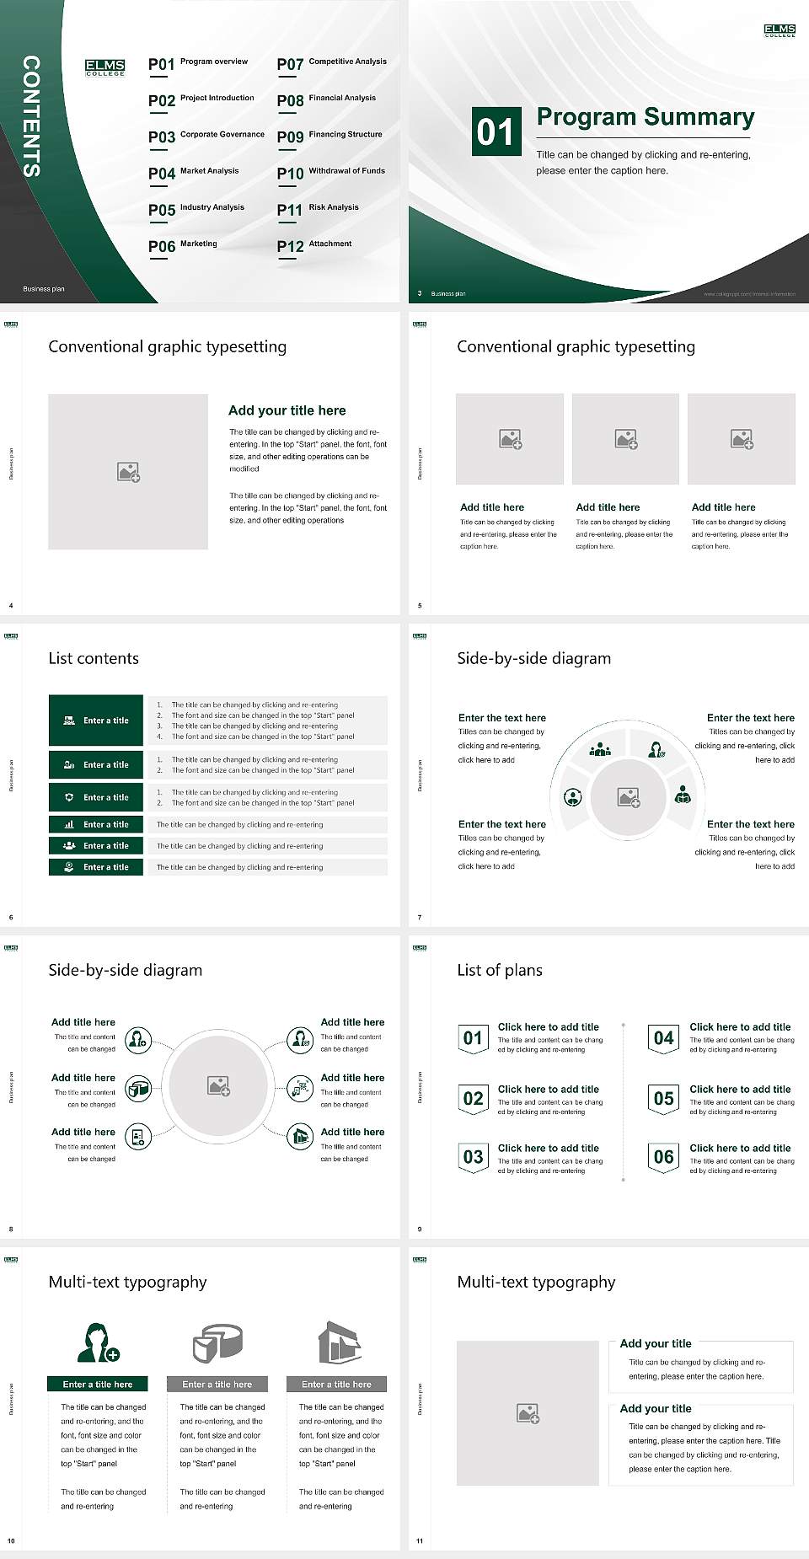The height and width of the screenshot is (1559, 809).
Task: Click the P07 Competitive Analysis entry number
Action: pyautogui.click(x=290, y=65)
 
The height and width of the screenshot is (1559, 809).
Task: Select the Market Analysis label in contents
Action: pyautogui.click(x=209, y=171)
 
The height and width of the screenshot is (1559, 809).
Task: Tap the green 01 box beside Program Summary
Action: pyautogui.click(x=496, y=131)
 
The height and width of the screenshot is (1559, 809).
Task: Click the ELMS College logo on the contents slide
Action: pyautogui.click(x=105, y=67)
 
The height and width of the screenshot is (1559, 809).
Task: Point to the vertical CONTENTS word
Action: pyautogui.click(x=31, y=116)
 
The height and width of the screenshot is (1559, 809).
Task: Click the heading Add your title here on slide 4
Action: pyautogui.click(x=287, y=410)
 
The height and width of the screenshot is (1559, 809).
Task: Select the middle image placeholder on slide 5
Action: pyautogui.click(x=625, y=439)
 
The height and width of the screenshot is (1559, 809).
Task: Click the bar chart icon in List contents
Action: pyautogui.click(x=69, y=824)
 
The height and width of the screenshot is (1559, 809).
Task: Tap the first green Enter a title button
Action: pyautogui.click(x=97, y=721)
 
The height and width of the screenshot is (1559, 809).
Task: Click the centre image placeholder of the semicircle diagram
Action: pyautogui.click(x=628, y=797)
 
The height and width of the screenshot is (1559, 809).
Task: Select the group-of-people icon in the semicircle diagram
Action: pyautogui.click(x=600, y=748)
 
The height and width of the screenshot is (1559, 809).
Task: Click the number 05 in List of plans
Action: pyautogui.click(x=664, y=1099)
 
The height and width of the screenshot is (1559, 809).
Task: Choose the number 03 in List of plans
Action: pyautogui.click(x=473, y=1157)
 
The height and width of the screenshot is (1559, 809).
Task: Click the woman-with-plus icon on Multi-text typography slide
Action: pyautogui.click(x=97, y=1343)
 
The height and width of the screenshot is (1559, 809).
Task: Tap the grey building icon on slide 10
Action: pyautogui.click(x=339, y=1342)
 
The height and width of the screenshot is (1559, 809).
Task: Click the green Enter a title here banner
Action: pyautogui.click(x=98, y=1385)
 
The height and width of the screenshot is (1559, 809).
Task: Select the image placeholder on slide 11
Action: pyautogui.click(x=528, y=1413)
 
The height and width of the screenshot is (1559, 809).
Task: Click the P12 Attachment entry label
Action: pyautogui.click(x=329, y=244)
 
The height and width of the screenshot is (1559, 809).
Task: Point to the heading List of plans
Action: pyautogui.click(x=500, y=970)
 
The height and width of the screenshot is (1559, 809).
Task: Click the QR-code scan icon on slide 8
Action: pyautogui.click(x=301, y=1089)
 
